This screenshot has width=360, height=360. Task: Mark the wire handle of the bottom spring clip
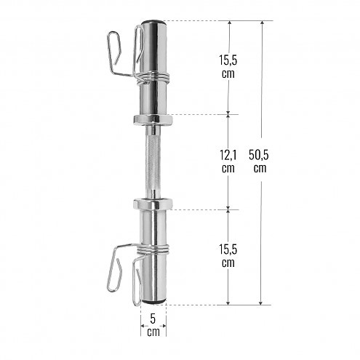click(116, 269)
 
